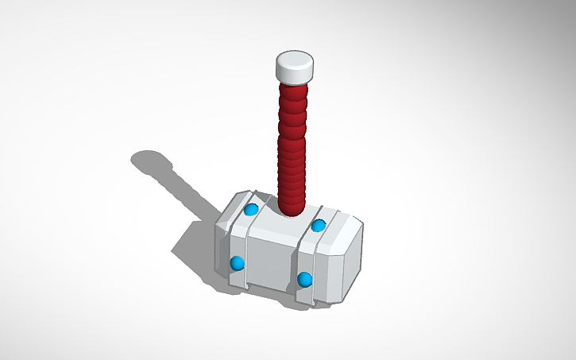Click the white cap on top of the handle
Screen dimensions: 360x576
pos(295,69)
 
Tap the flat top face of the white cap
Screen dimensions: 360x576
pos(295,60)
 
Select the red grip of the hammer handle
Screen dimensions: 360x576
pos(292,135)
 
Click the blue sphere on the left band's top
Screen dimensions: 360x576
pos(251,210)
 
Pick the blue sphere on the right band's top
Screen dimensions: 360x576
pos(319,226)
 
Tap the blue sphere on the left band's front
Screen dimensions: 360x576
pos(236,263)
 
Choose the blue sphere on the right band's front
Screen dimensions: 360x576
pos(304,279)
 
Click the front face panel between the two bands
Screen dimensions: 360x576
pos(270,262)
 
